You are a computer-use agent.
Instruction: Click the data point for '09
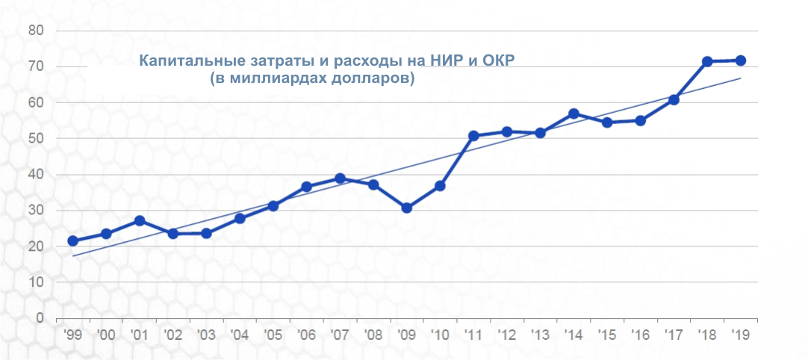(x=406, y=208)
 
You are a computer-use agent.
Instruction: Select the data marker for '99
(x=72, y=240)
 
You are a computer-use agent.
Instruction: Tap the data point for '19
(x=741, y=60)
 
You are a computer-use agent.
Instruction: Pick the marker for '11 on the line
(x=473, y=136)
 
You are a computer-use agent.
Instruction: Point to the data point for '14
(x=574, y=114)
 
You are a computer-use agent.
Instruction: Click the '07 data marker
(x=340, y=179)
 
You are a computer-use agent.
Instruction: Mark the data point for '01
(x=140, y=221)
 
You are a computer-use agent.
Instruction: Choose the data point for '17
(x=674, y=100)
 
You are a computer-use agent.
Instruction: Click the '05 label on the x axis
(x=273, y=335)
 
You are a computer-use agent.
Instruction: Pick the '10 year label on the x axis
(x=440, y=335)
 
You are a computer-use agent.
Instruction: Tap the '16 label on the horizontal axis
(x=640, y=335)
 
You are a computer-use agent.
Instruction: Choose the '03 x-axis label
(x=206, y=335)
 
